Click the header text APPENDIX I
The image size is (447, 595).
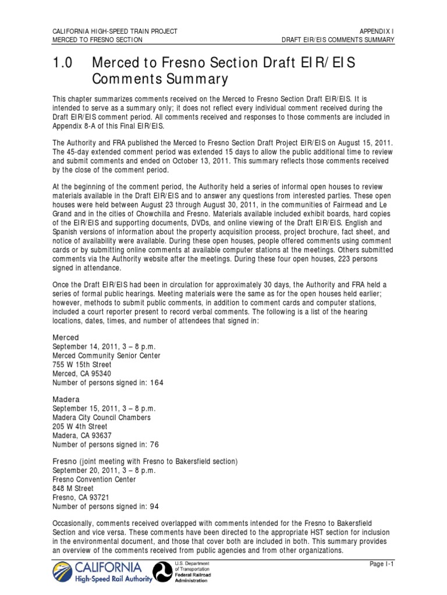tap(377, 31)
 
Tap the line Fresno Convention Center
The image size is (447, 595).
tap(94, 480)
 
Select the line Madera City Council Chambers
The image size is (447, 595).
tap(101, 417)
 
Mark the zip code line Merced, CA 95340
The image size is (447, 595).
tap(81, 373)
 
